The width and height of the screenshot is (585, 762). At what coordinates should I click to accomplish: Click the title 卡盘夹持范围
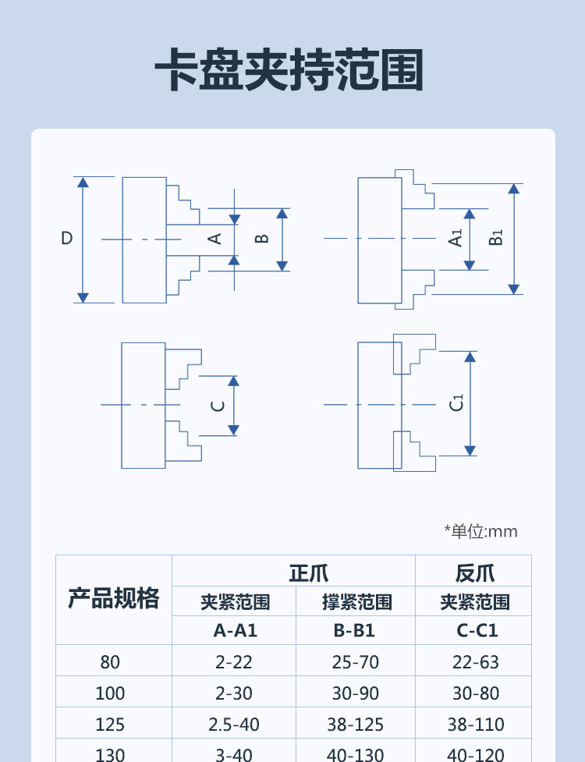[289, 69]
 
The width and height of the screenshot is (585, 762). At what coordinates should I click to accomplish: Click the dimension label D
[67, 238]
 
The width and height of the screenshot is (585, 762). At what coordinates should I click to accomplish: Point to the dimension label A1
[456, 238]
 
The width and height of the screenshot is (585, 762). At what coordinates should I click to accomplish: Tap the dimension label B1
[495, 238]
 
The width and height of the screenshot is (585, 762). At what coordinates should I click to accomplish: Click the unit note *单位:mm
[480, 531]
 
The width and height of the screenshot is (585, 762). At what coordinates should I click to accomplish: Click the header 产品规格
[114, 598]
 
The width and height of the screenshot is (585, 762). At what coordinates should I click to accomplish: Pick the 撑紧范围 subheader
[356, 602]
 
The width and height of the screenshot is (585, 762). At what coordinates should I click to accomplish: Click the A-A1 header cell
[235, 631]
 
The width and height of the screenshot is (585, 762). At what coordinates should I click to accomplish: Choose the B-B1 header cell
[354, 631]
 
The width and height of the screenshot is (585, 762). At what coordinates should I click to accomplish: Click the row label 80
[110, 662]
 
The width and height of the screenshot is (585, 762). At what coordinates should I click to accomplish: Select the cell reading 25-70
[355, 662]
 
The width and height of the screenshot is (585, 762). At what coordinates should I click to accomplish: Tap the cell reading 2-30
[234, 693]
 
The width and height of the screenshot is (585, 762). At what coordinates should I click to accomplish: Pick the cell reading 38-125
[355, 724]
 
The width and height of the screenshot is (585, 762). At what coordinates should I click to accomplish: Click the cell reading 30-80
[476, 693]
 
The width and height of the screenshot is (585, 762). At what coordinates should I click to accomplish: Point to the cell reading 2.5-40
[234, 724]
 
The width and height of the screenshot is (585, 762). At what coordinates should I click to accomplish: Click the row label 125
[110, 724]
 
